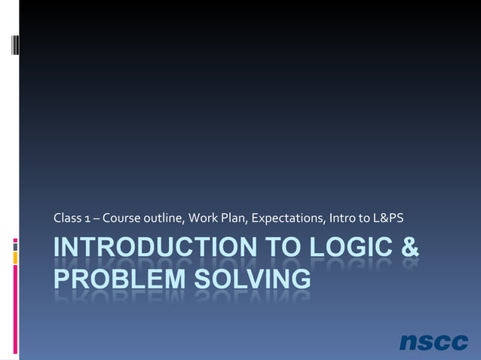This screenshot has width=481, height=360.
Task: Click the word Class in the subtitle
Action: click(66, 219)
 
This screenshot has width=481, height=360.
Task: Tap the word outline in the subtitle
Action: click(162, 219)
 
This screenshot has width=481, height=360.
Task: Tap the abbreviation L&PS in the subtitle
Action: click(388, 219)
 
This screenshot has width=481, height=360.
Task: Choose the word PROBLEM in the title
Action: click(112, 278)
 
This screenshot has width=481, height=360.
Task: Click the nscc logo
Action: click(434, 341)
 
